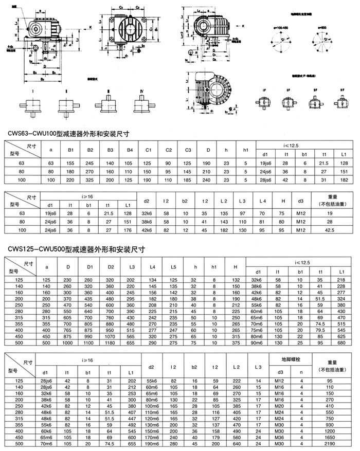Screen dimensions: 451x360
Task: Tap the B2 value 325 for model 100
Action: click(x=89, y=180)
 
